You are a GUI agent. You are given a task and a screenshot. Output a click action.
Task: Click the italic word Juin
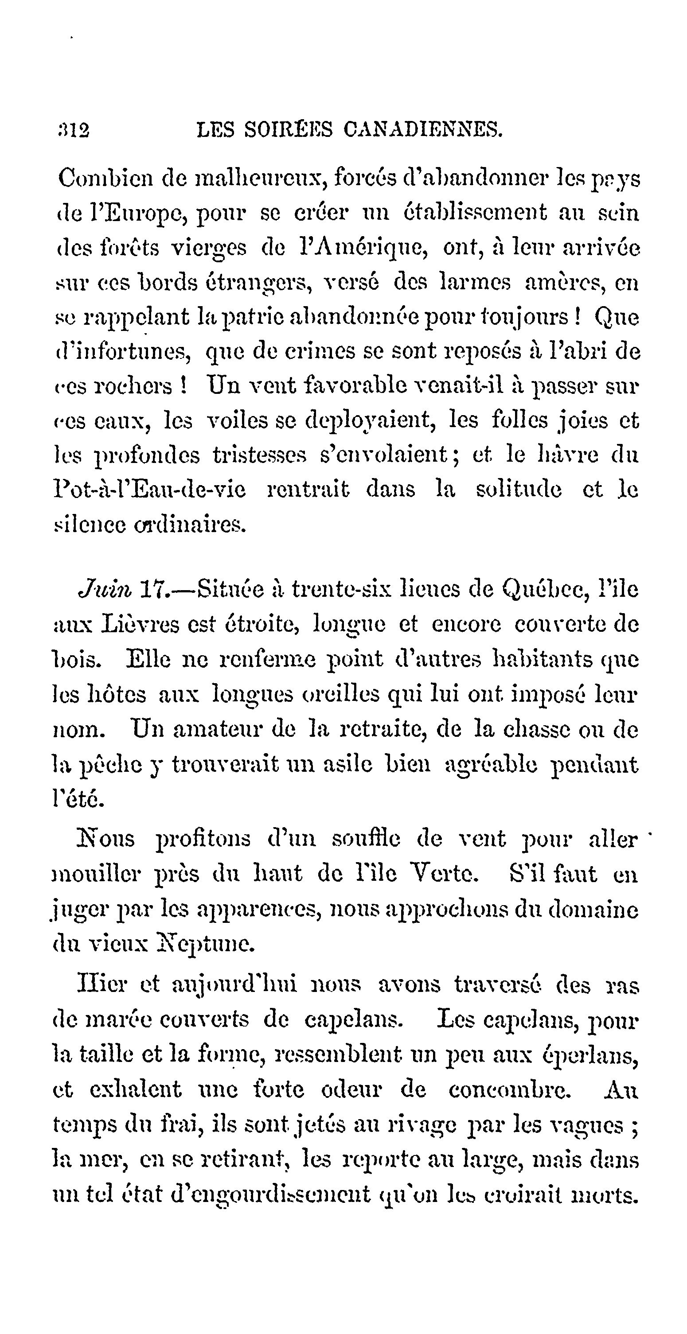pos(105,590)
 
